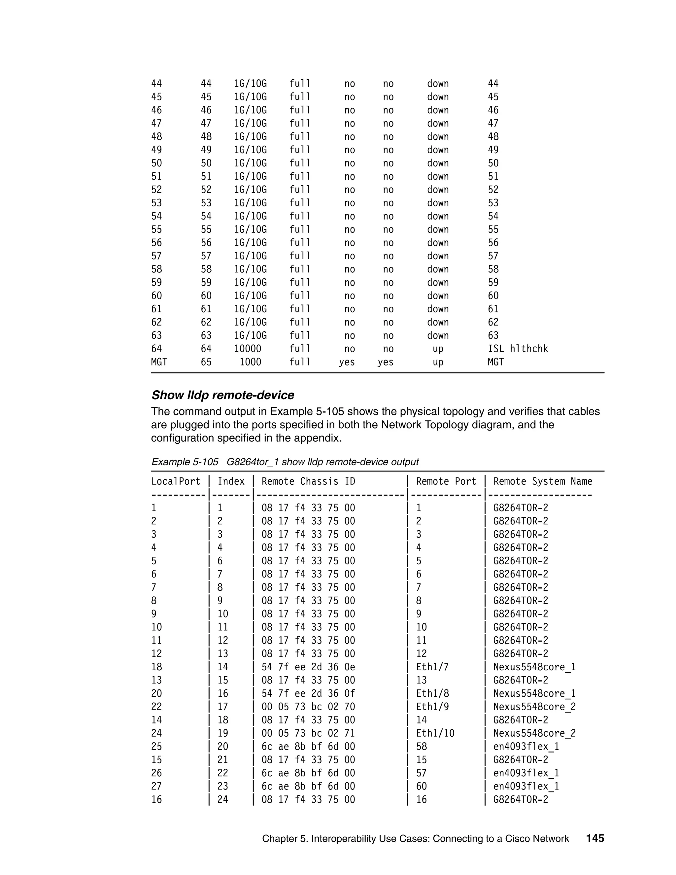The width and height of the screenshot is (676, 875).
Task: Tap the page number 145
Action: click(595, 838)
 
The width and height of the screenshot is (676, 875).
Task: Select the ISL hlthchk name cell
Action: click(518, 349)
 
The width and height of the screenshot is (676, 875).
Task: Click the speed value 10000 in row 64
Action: click(248, 349)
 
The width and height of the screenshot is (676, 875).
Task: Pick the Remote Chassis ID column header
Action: click(308, 481)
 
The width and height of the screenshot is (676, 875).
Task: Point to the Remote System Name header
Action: click(542, 481)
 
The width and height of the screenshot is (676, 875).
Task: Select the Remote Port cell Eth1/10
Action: click(435, 733)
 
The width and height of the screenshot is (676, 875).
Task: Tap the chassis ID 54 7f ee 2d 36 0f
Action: click(308, 693)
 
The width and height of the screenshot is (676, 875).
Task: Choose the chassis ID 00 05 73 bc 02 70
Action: click(308, 707)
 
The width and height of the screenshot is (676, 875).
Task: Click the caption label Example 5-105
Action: click(185, 462)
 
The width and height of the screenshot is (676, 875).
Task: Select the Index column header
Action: click(231, 481)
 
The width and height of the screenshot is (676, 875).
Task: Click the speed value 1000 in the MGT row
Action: click(250, 362)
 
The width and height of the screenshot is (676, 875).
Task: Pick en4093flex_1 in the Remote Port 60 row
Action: click(526, 786)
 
